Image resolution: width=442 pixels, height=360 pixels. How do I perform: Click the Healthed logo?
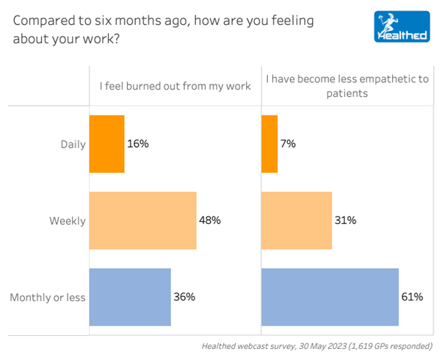click(x=401, y=26)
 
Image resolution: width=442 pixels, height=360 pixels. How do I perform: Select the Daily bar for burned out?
click(x=106, y=144)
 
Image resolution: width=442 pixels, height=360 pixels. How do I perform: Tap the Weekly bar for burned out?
click(x=142, y=220)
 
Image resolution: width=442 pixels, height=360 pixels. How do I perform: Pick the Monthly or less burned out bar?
click(x=130, y=297)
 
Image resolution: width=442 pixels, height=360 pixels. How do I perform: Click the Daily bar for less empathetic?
click(x=269, y=144)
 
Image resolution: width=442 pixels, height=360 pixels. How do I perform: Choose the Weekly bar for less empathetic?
click(x=297, y=220)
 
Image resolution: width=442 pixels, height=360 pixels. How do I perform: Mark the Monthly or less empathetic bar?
click(x=330, y=297)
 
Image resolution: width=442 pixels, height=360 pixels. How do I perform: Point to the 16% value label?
click(x=138, y=144)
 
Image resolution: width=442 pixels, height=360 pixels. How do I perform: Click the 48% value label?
click(x=210, y=220)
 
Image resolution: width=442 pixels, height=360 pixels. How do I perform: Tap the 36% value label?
click(x=184, y=297)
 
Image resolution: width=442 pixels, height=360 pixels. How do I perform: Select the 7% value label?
click(x=288, y=144)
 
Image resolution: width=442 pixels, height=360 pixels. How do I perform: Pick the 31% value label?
click(x=345, y=220)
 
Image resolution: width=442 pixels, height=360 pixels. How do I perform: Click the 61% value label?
click(x=412, y=297)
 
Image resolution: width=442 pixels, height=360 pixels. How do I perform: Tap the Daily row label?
click(x=73, y=144)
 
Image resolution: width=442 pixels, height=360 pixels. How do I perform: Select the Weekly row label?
click(x=68, y=220)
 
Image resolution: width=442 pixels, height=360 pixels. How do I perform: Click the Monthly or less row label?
click(x=48, y=298)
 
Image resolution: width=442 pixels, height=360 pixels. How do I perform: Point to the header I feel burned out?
click(x=175, y=86)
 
